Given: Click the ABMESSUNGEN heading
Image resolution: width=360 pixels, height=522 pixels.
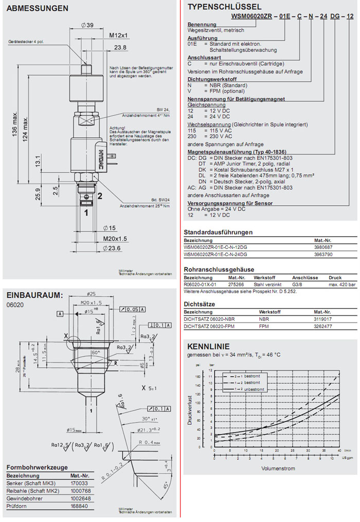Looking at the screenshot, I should point(37,8).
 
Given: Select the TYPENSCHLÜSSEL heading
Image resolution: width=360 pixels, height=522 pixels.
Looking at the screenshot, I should point(224,7).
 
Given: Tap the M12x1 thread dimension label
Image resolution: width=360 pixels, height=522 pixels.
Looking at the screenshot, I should point(118,35).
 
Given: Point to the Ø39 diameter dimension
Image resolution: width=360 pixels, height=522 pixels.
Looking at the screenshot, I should point(87,25).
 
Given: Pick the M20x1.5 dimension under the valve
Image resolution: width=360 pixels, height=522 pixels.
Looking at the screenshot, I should point(115,239).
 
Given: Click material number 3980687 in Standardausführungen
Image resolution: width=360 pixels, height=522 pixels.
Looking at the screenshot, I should point(323,247).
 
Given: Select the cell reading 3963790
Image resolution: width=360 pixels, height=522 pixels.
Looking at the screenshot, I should point(323,254).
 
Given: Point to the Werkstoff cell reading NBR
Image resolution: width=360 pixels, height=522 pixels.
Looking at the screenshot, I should point(264,319).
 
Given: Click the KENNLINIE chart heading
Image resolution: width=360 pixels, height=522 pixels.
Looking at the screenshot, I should point(208,346).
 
